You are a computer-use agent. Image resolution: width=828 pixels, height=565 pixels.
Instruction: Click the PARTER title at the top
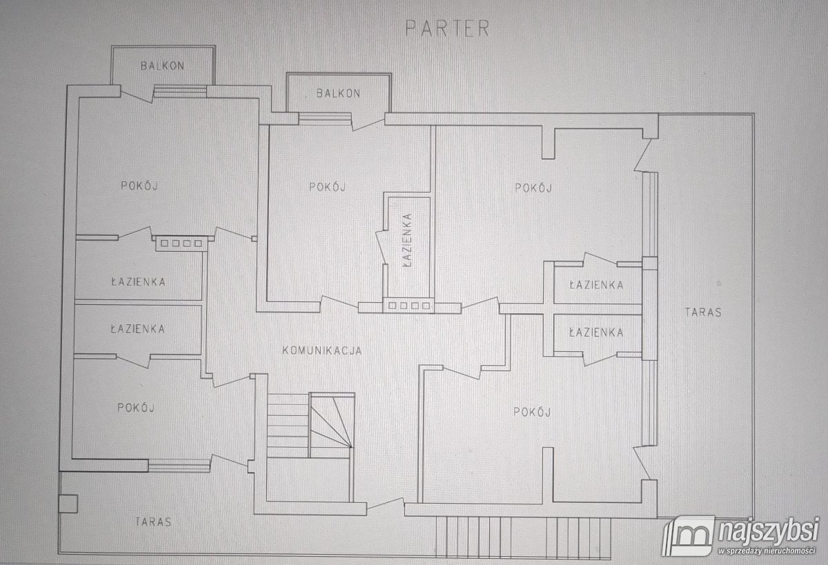[x=447, y=28]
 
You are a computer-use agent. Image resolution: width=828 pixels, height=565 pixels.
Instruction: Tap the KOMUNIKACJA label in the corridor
[x=322, y=350]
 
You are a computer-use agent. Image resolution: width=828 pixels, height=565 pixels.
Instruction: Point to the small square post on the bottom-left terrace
[x=68, y=504]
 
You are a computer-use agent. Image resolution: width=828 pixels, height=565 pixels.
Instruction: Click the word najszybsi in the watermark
[x=767, y=531]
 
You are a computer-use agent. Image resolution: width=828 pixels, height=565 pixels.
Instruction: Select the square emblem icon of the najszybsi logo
[x=689, y=535]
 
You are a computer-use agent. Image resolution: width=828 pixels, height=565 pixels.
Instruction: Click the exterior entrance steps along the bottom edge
[x=523, y=537]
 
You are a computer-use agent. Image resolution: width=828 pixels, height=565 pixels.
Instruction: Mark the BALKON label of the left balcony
[x=162, y=66]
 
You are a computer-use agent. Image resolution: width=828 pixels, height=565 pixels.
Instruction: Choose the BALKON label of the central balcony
[x=338, y=93]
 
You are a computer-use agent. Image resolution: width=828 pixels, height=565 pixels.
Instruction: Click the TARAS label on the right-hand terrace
[x=703, y=313]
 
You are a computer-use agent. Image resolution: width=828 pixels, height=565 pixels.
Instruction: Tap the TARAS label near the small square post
[x=153, y=522]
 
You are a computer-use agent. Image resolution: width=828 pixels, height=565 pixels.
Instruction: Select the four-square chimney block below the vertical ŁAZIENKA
[x=409, y=306]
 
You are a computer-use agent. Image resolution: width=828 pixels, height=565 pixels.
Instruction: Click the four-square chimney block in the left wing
[x=181, y=244]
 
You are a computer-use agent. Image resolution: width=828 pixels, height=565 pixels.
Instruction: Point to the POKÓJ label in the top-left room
[x=139, y=186]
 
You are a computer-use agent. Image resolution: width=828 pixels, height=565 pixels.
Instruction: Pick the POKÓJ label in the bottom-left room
[x=136, y=408]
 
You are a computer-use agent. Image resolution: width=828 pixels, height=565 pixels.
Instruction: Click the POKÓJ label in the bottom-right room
[x=532, y=412]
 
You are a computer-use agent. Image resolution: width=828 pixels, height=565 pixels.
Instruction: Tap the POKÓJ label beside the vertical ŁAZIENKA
[x=328, y=187]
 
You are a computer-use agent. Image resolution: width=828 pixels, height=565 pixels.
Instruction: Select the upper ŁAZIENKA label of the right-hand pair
[x=596, y=285]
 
